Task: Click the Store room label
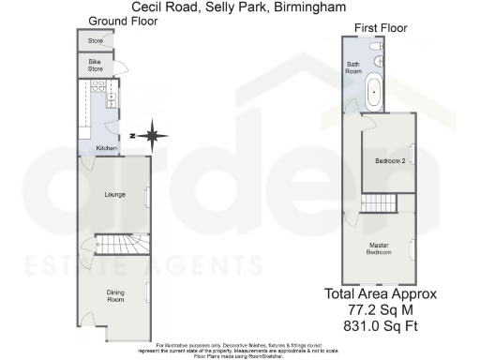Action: (95, 41)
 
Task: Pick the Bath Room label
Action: (354, 66)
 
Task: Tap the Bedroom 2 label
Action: (388, 162)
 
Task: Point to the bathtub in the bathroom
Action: (374, 93)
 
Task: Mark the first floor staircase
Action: (381, 204)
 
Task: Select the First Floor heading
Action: (381, 29)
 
